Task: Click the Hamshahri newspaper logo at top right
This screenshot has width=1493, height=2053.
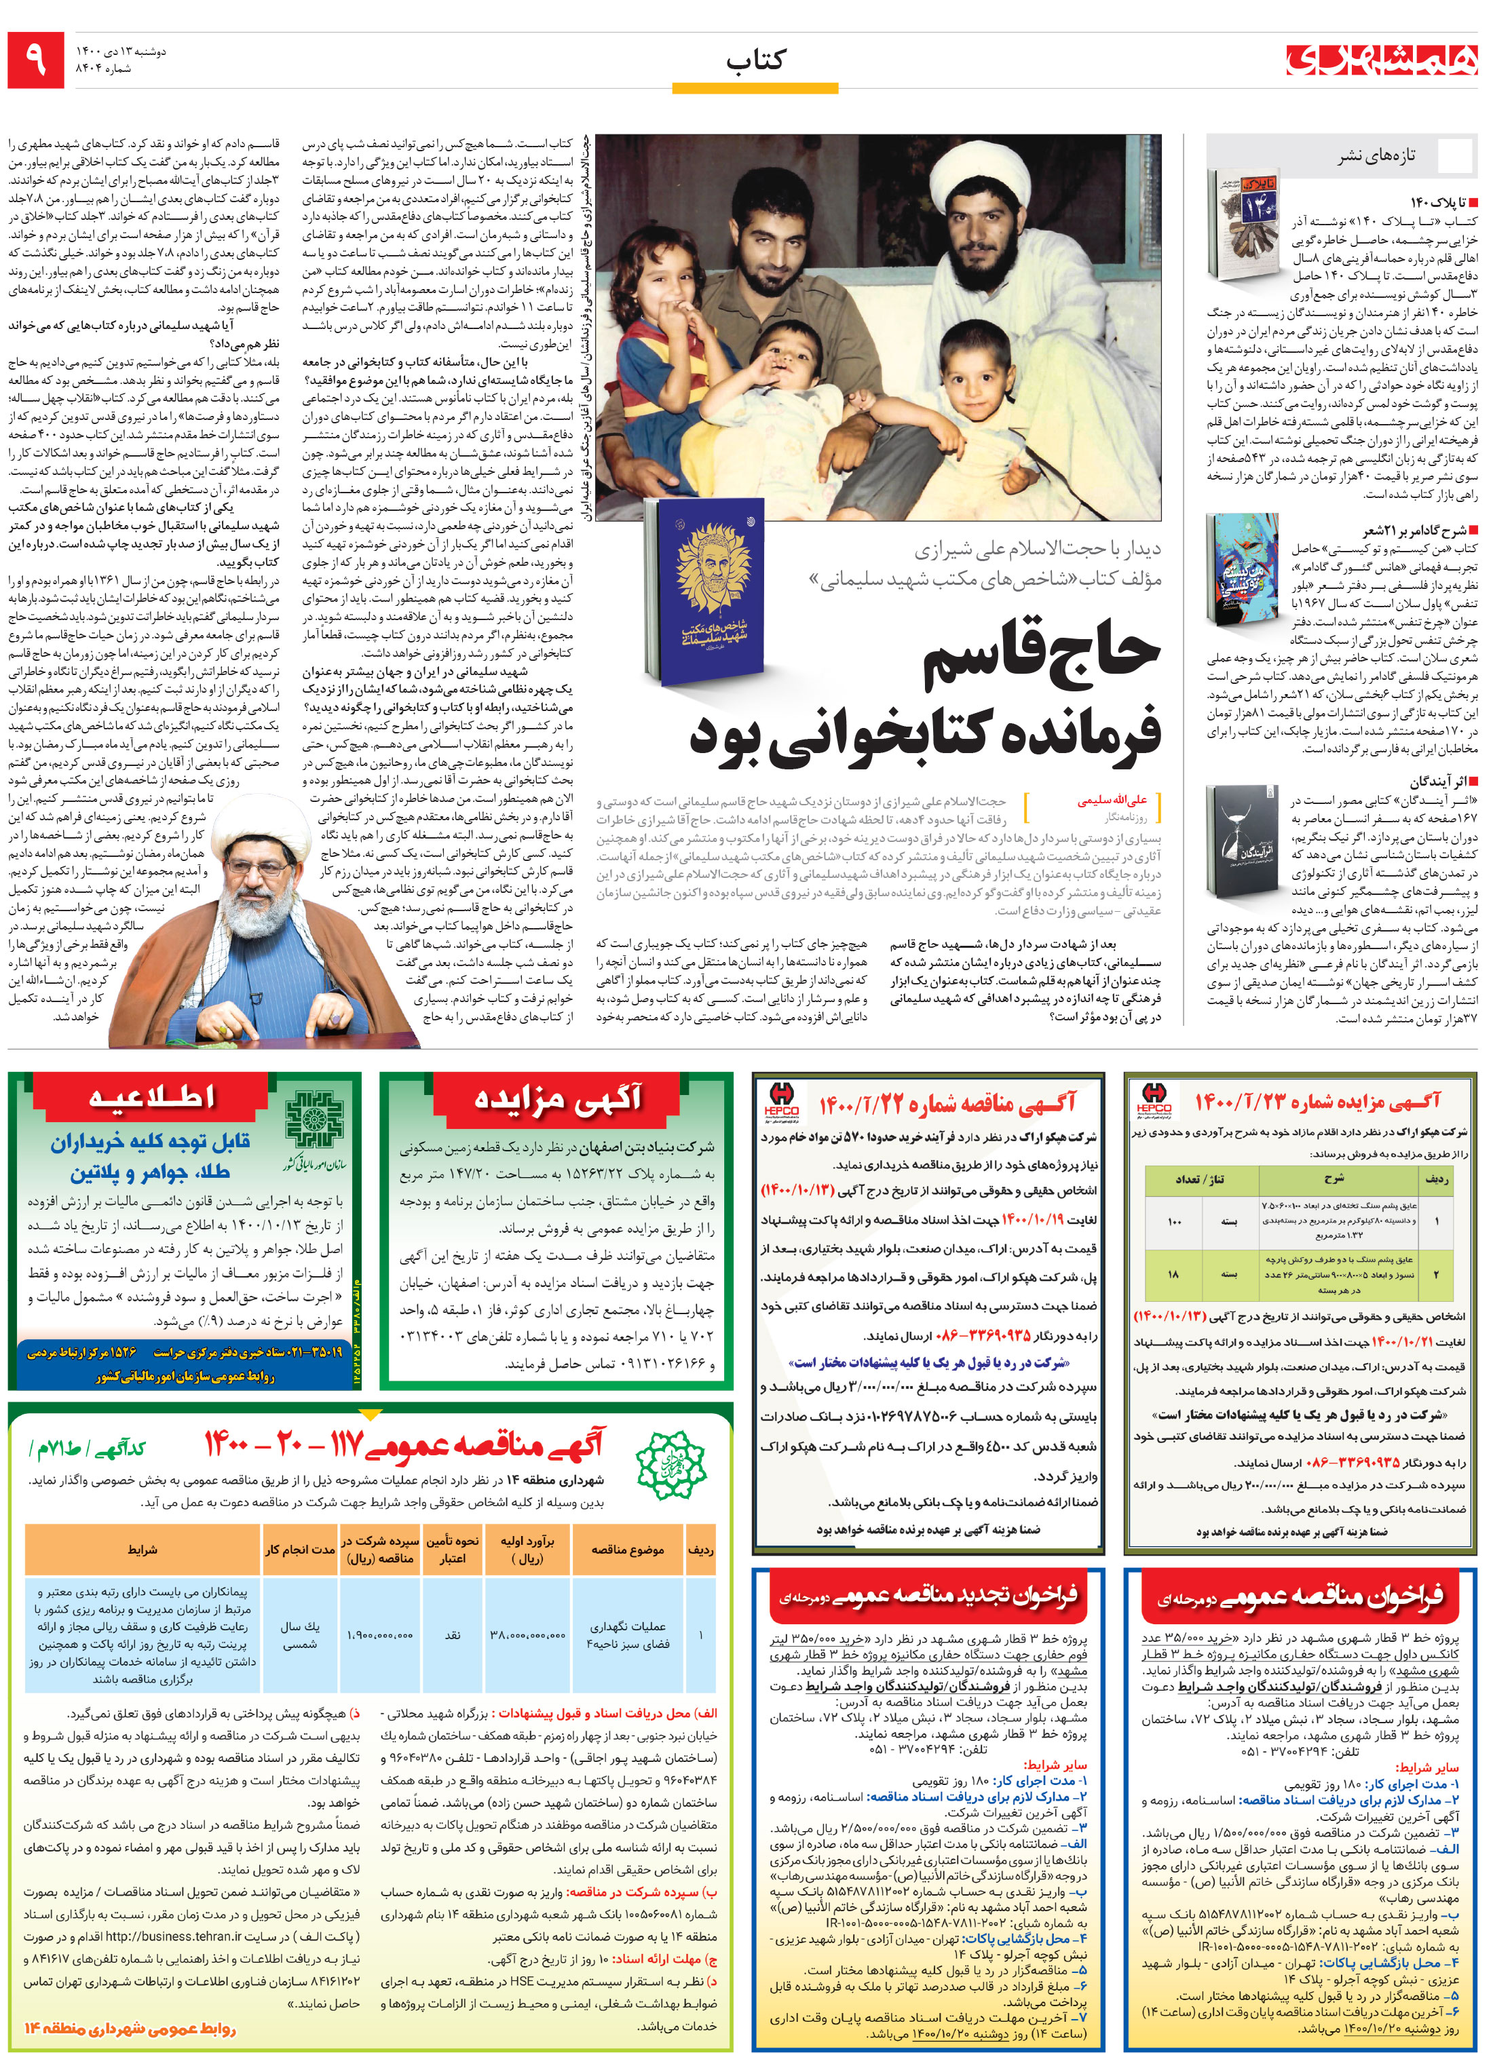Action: point(1382,60)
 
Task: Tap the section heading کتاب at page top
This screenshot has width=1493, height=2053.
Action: point(755,60)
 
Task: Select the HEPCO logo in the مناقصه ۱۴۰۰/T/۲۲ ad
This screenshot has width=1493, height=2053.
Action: point(780,1100)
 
